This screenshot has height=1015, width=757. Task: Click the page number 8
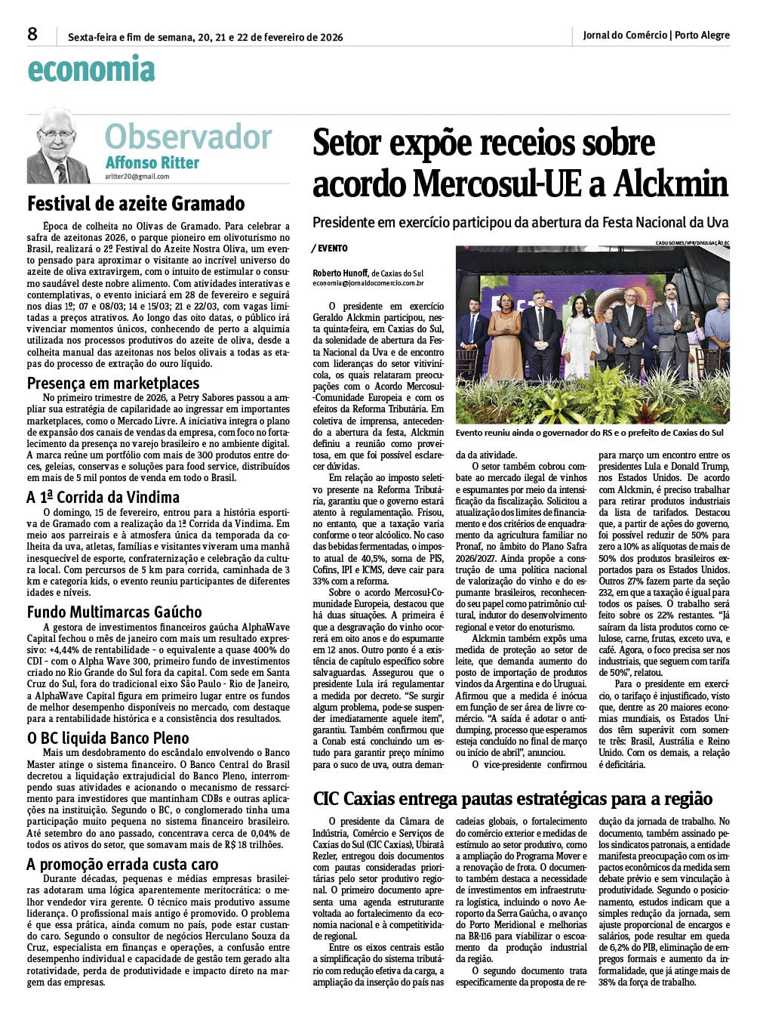[x=32, y=35]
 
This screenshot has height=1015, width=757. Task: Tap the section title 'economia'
[x=91, y=69]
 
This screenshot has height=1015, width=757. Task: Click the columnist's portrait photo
[x=58, y=145]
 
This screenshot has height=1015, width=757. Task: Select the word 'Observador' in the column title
[x=188, y=137]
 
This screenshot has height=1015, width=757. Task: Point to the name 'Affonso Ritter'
[x=152, y=163]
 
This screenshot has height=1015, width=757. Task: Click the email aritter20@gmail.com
[x=137, y=177]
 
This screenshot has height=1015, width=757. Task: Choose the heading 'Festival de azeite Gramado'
[x=136, y=204]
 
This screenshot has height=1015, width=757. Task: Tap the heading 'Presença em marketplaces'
[x=113, y=383]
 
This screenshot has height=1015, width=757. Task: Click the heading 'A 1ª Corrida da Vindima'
[x=103, y=498]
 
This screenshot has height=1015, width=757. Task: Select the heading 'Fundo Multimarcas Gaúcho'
[x=114, y=612]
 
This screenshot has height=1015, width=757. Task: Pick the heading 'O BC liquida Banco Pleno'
[x=108, y=738]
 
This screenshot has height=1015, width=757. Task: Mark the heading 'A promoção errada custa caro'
[x=122, y=864]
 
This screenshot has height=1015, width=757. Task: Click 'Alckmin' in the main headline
[x=671, y=184]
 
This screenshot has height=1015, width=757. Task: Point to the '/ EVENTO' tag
[x=329, y=248]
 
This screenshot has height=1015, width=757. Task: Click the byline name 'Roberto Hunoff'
[x=340, y=273]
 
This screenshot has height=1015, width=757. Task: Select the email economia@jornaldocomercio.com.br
[x=368, y=283]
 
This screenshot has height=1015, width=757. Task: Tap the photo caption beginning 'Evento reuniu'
[x=589, y=433]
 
